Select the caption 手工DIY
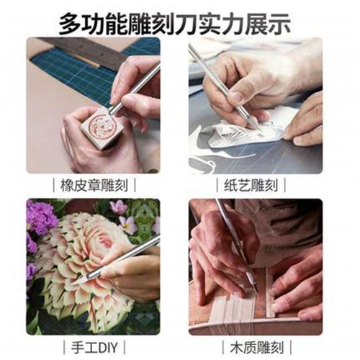94,345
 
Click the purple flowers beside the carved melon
40,220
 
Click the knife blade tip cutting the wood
251,288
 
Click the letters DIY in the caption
106,345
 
